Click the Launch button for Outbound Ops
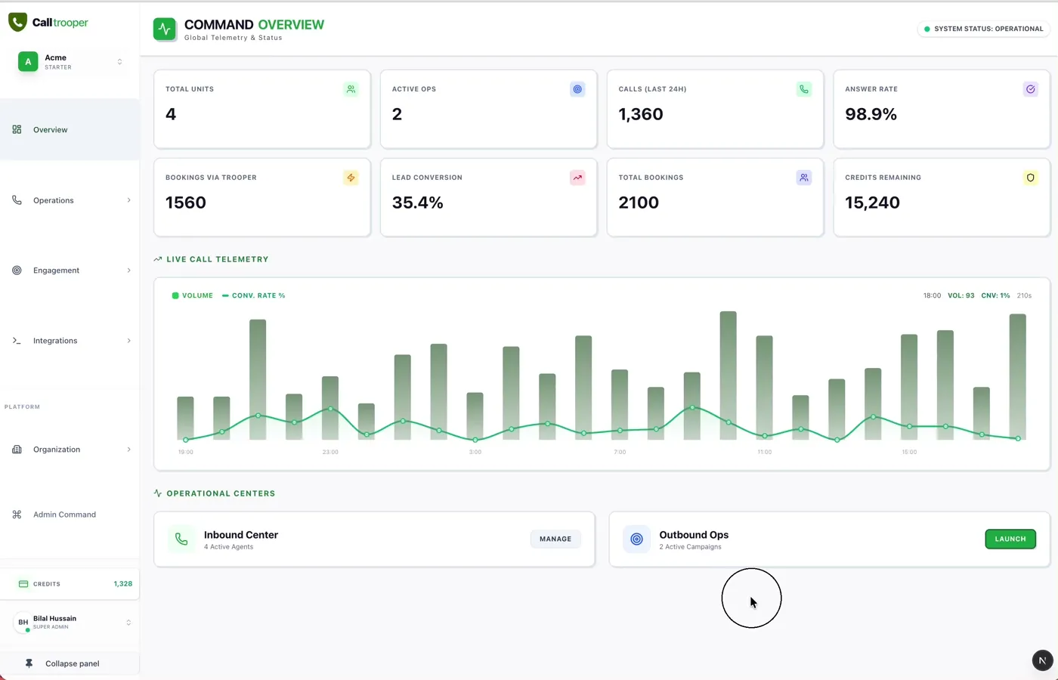(1010, 539)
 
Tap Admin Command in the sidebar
(64, 515)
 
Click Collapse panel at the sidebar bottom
(71, 663)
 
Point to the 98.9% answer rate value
(871, 114)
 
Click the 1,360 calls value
(641, 114)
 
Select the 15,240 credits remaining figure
(872, 202)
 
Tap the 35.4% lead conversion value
(417, 202)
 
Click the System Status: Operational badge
(982, 29)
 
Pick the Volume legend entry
(193, 295)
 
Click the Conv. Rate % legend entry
(254, 295)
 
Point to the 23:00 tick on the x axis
(330, 452)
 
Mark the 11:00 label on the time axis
(765, 452)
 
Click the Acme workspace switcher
(70, 62)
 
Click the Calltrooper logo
(48, 23)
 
